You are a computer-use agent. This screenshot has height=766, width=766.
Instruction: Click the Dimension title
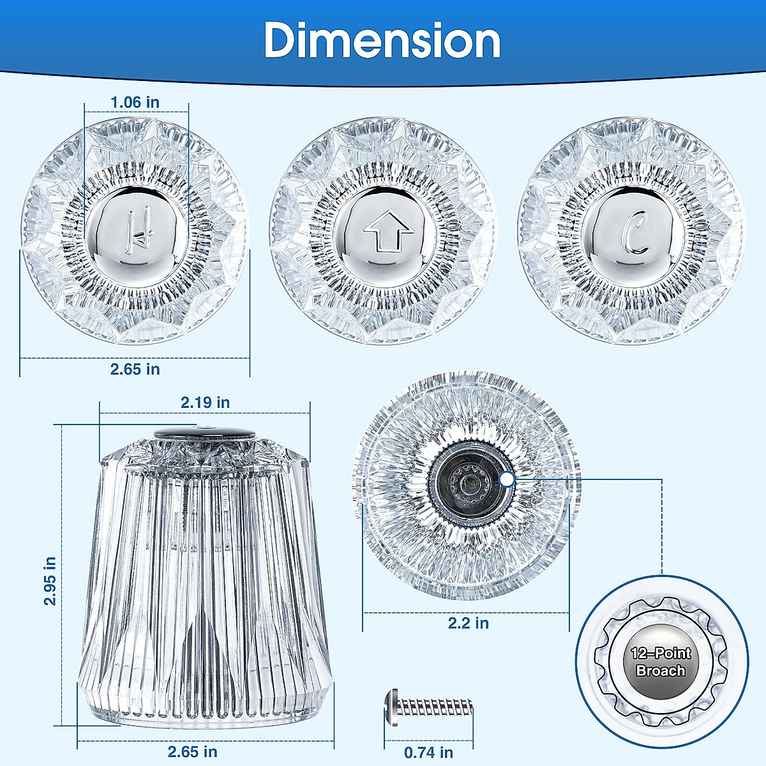(382, 41)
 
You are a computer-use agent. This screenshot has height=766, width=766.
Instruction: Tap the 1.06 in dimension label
(135, 103)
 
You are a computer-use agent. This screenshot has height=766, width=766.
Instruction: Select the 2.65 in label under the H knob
(135, 370)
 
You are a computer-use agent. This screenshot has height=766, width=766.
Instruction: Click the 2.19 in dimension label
(205, 403)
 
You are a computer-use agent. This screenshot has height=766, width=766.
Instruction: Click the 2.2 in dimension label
(469, 623)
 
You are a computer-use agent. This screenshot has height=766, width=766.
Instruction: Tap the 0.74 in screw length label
(428, 753)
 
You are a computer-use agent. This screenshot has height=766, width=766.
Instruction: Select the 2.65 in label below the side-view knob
(192, 752)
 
